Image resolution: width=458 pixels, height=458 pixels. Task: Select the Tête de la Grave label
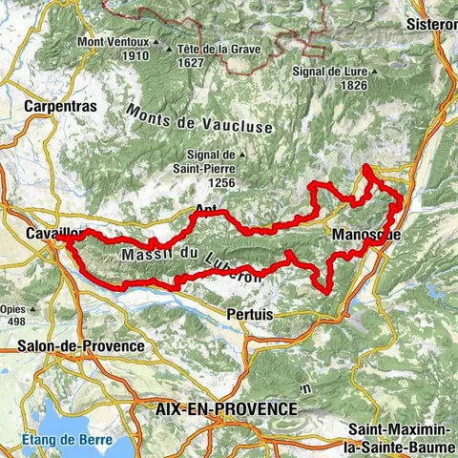click(x=216, y=50)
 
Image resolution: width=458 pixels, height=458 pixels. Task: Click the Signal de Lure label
click(x=326, y=72)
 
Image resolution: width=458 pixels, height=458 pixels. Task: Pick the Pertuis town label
click(x=251, y=313)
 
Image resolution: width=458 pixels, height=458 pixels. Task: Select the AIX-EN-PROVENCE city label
click(x=225, y=407)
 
